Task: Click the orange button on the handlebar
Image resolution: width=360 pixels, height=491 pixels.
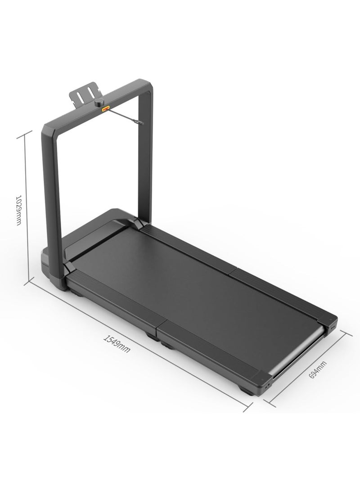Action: (x=106, y=109)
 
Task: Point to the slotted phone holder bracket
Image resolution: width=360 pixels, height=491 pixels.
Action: (x=84, y=92)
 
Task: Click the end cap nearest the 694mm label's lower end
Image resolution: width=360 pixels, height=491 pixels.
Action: (x=265, y=383)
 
